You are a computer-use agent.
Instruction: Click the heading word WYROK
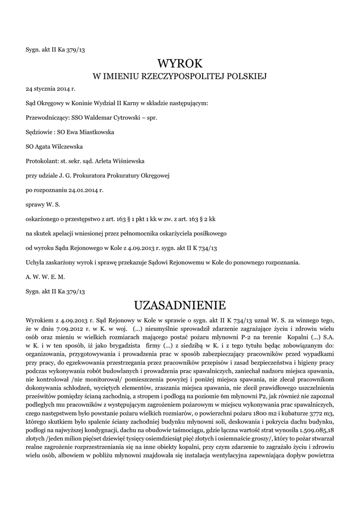pyautogui.click(x=180, y=63)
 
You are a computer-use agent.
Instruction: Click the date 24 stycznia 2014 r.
pyautogui.click(x=51, y=90)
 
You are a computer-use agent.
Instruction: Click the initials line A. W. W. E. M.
pyautogui.click(x=45, y=276)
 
